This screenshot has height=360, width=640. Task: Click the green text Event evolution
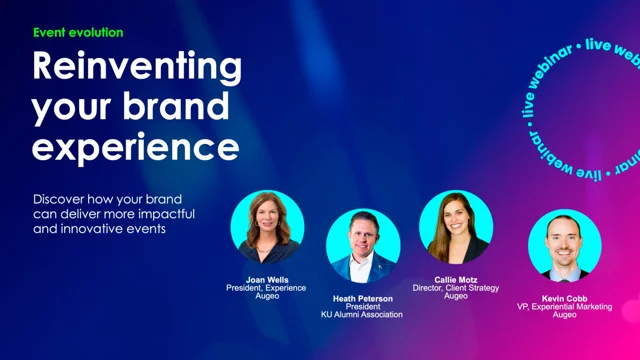[x=78, y=32]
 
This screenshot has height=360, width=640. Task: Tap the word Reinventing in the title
[x=137, y=67]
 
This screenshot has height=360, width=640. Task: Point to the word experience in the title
[x=135, y=147]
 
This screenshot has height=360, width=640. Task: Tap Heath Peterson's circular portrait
[x=363, y=245]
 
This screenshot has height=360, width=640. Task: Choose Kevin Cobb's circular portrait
[x=564, y=246]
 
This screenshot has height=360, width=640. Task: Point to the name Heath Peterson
[x=363, y=298]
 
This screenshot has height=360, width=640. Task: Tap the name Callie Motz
[x=455, y=279]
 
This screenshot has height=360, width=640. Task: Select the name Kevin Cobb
[x=564, y=298]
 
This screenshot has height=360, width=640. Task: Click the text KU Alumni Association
[x=363, y=315]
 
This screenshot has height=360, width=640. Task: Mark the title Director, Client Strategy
[x=455, y=288]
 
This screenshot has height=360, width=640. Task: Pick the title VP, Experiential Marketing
[x=564, y=306]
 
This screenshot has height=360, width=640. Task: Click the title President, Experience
[x=267, y=288]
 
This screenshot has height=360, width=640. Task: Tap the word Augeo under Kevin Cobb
[x=564, y=315]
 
